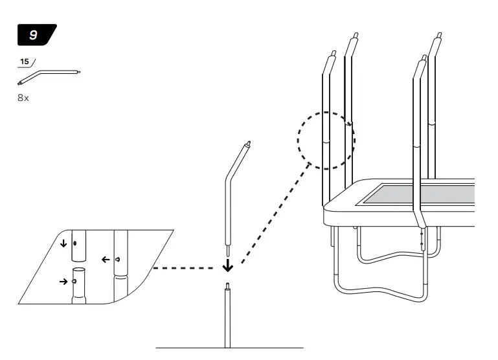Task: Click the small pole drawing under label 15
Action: tap(49, 76)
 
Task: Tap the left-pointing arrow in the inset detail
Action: tap(104, 259)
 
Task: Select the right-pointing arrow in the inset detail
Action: tap(63, 282)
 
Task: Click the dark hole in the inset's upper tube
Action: tap(76, 244)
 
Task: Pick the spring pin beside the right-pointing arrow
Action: tap(75, 282)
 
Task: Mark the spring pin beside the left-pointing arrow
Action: tap(117, 259)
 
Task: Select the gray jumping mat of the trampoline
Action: tap(421, 194)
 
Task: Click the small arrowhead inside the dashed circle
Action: tap(350, 124)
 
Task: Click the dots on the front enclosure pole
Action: tap(422, 238)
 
